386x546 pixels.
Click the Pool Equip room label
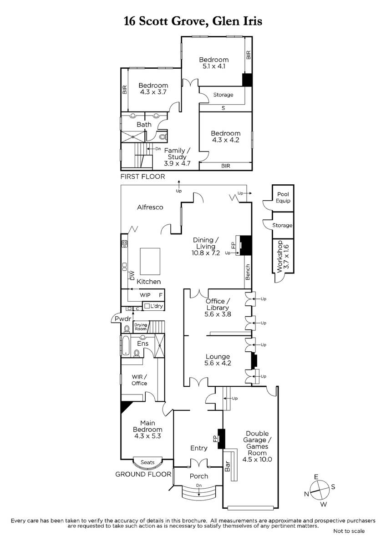coord(283,197)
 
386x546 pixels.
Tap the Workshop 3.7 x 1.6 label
coord(283,257)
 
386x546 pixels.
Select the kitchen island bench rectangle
coord(150,261)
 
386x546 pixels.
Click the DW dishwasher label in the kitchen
coord(132,275)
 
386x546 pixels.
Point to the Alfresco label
coord(150,207)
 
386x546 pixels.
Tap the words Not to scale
coord(349,531)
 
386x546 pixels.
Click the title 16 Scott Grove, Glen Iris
coord(193,21)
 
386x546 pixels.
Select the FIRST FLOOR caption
coord(142,177)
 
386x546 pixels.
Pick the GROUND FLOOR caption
coord(143,474)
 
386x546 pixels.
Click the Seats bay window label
coord(147,462)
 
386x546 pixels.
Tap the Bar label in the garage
coord(227,466)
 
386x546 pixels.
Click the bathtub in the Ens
coord(126,346)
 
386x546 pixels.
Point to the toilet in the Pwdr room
coord(127,329)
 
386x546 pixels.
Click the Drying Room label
coord(141,327)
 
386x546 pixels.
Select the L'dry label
coord(156,306)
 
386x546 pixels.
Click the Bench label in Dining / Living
coord(248,272)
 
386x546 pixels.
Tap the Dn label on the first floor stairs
coord(158,148)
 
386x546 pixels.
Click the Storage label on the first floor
coord(223,95)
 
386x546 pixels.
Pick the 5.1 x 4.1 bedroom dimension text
coord(214,66)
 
